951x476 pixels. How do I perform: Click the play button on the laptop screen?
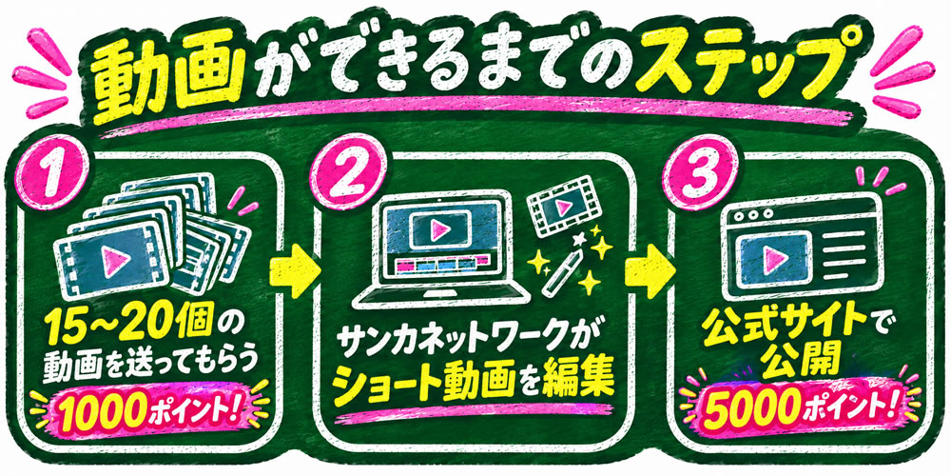tap(439, 228)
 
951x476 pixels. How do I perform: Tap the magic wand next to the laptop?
tap(561, 272)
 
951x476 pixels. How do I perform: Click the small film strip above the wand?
tap(560, 205)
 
